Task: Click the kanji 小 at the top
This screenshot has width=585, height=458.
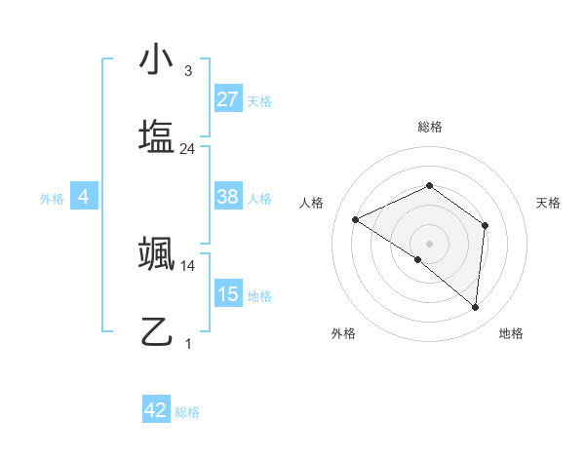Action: [x=156, y=61]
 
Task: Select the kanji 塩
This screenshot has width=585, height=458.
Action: [x=156, y=134]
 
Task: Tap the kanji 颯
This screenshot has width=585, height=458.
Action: [x=156, y=255]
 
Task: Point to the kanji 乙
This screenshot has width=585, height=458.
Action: [x=156, y=331]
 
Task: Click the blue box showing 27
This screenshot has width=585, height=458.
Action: [x=228, y=99]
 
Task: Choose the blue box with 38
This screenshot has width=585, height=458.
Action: [x=228, y=197]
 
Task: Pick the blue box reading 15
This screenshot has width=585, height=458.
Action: [x=228, y=294]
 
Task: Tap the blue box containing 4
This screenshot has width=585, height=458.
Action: [x=84, y=197]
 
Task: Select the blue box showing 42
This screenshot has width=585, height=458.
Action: [x=156, y=410]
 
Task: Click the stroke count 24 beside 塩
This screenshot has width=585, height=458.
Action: [x=188, y=149]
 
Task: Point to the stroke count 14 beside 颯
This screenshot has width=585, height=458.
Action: [x=188, y=265]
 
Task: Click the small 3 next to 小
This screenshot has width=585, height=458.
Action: [x=188, y=71]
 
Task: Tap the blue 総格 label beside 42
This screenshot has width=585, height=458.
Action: [x=187, y=412]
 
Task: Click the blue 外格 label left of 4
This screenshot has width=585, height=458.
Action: [x=52, y=199]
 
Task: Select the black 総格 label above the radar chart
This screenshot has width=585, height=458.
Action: [x=429, y=127]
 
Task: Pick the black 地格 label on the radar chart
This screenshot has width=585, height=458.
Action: [x=511, y=333]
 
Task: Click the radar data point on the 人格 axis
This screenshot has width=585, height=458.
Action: [x=356, y=219]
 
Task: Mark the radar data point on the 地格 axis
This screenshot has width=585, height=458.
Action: [x=475, y=307]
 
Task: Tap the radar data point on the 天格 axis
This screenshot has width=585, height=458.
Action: [x=485, y=225]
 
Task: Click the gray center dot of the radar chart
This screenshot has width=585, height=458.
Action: [x=429, y=243]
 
